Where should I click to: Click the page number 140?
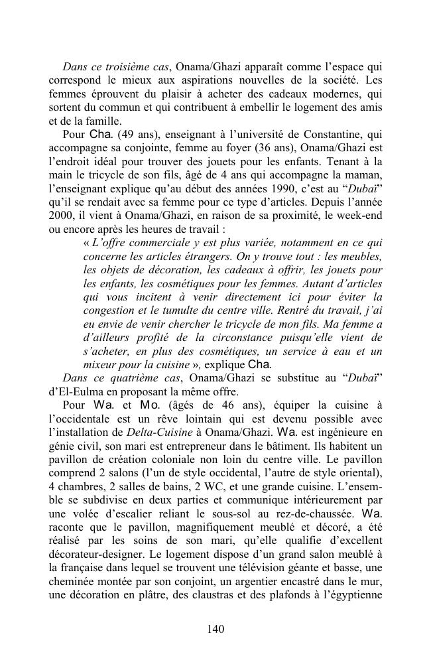pyautogui.click(x=215, y=629)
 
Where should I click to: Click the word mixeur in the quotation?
pyautogui.click(x=99, y=365)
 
